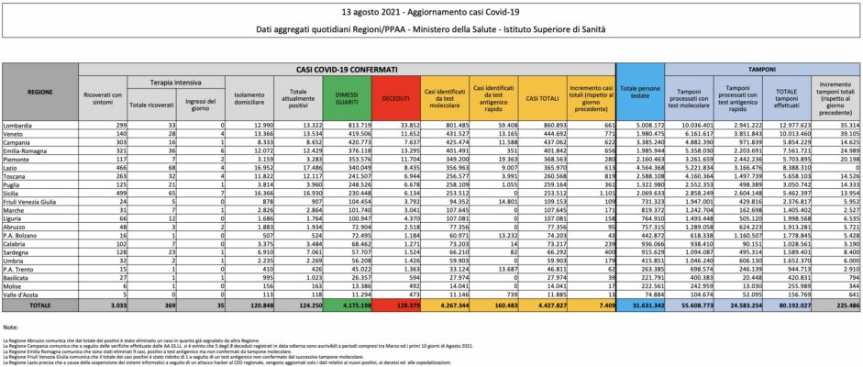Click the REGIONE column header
pyautogui.click(x=39, y=93)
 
